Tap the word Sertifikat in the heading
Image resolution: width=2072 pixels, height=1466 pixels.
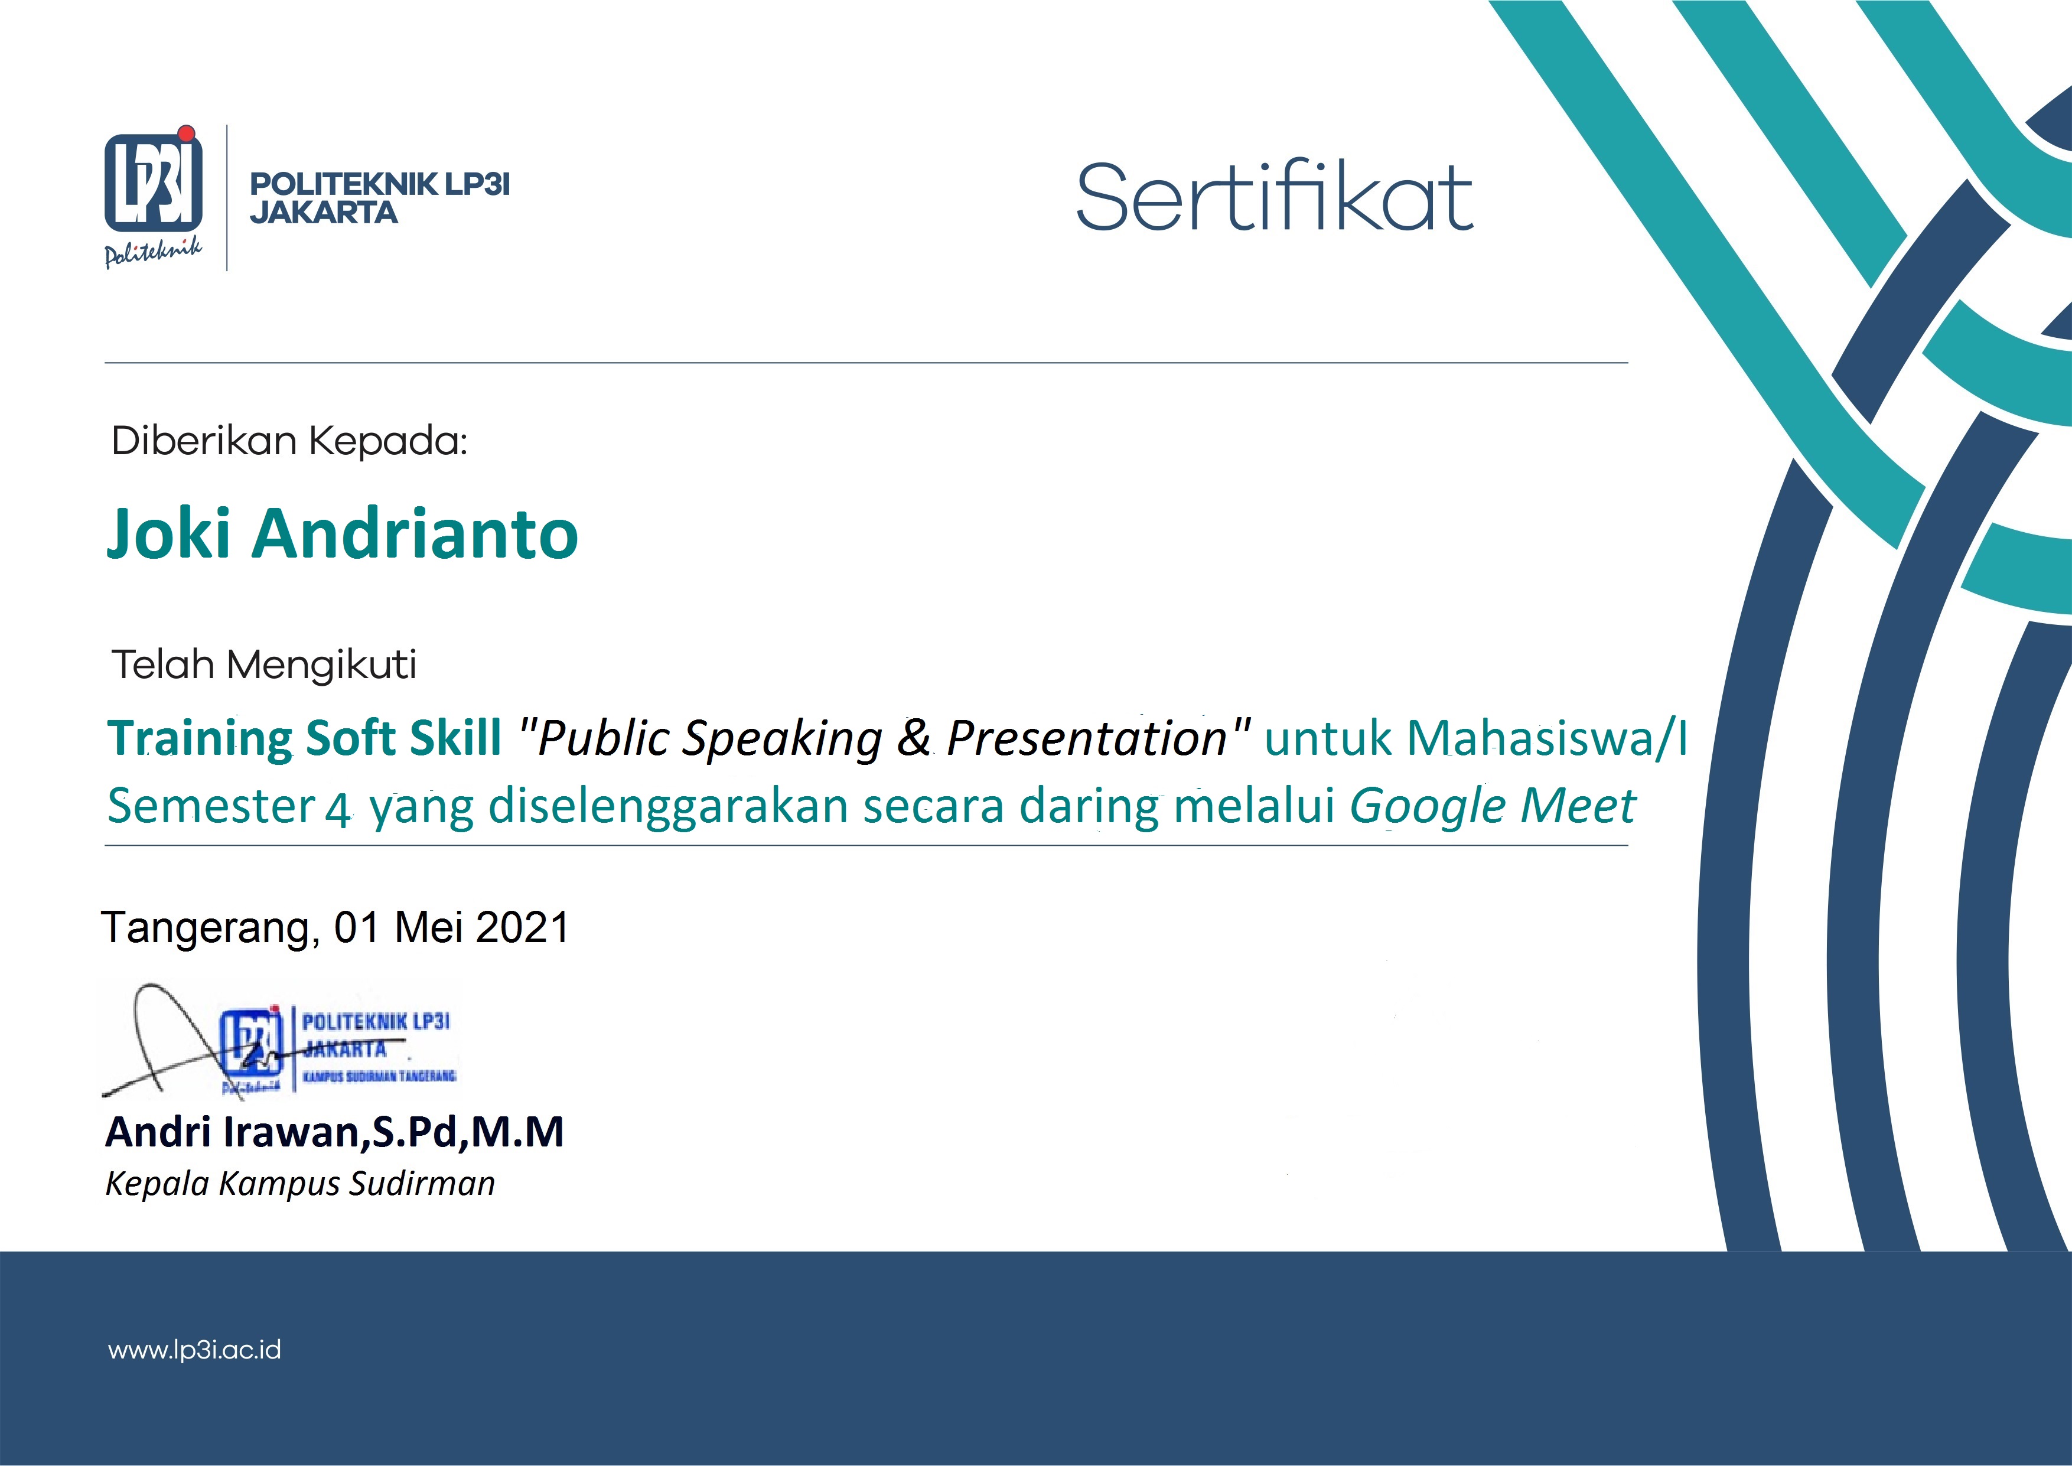point(1273,197)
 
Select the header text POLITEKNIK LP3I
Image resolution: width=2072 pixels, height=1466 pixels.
point(379,184)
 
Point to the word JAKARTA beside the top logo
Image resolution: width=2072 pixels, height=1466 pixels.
point(323,213)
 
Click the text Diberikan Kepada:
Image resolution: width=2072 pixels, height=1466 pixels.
point(289,441)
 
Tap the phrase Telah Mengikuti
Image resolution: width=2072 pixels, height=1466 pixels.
point(263,664)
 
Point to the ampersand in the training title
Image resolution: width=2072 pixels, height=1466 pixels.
point(913,738)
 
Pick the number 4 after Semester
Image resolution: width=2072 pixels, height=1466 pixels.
point(337,809)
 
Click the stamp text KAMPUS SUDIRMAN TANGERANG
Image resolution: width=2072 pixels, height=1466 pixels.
point(379,1076)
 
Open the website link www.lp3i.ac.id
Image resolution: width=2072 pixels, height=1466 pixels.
point(194,1350)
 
